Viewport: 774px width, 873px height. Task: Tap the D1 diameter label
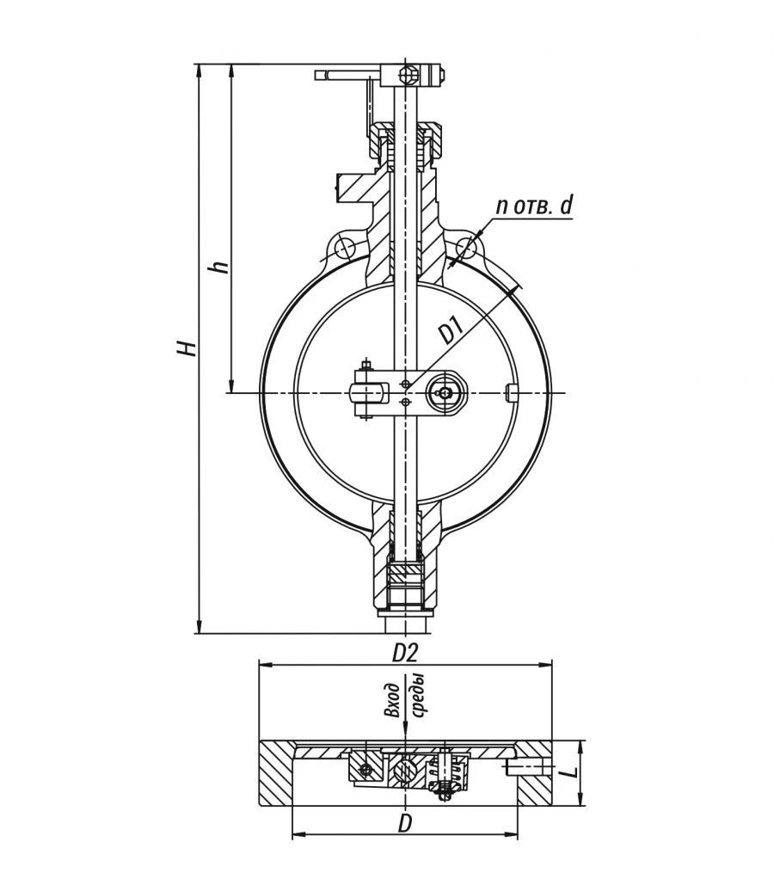tap(452, 329)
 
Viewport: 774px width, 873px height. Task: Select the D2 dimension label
tap(405, 653)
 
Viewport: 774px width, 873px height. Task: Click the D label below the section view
tap(405, 824)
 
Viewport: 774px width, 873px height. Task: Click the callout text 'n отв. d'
tap(533, 206)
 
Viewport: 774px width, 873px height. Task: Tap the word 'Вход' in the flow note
tap(394, 700)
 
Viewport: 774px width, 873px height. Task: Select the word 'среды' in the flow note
tap(418, 694)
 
